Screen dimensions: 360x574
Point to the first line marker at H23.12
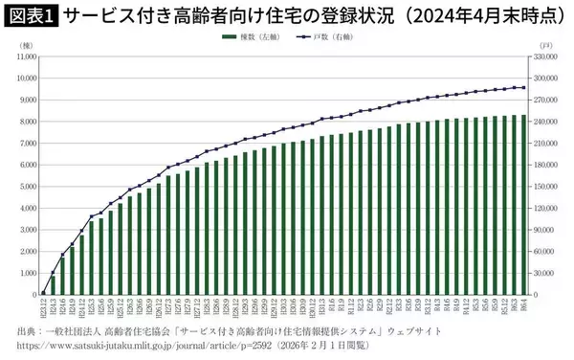click(x=44, y=293)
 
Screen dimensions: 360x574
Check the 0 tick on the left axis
click(x=34, y=294)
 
